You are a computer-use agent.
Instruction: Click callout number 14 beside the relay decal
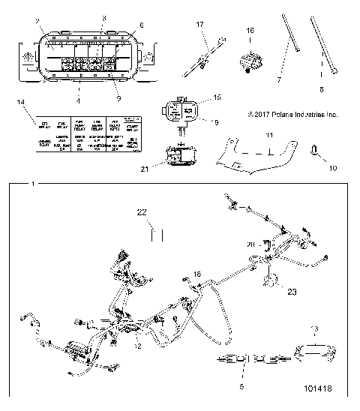[x=20, y=100]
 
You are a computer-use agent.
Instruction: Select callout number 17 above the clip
[x=200, y=25]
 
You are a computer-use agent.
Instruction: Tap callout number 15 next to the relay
[x=217, y=97]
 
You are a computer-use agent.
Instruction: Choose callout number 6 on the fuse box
[x=140, y=25]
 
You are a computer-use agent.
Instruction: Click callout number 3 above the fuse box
[x=104, y=17]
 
